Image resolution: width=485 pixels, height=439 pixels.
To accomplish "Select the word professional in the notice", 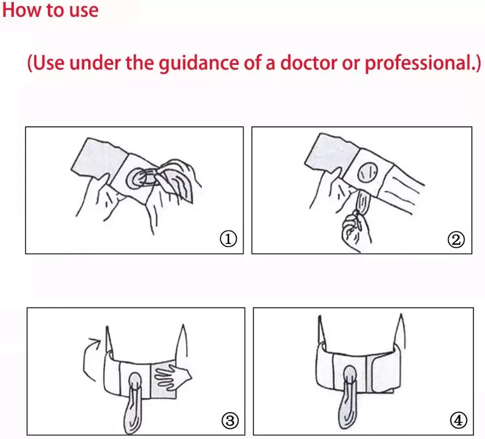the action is click(419, 63).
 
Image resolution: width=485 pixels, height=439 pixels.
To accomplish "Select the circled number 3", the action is click(230, 421).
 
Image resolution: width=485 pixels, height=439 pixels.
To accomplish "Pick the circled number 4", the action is click(458, 421).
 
